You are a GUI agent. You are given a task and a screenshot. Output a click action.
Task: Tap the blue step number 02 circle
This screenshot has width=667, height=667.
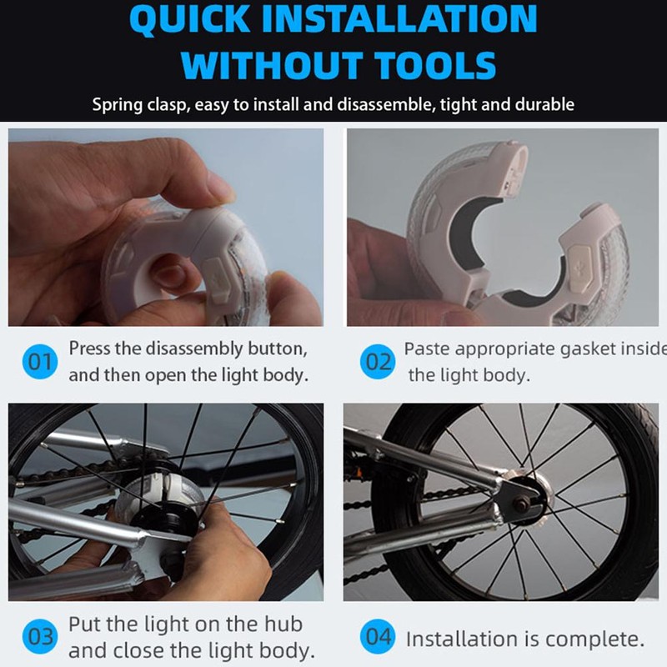[x=379, y=363]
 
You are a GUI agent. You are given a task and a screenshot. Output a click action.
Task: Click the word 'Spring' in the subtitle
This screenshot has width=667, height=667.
[x=117, y=105]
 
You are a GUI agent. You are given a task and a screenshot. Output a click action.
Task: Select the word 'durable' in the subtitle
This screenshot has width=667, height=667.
[x=544, y=105]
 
